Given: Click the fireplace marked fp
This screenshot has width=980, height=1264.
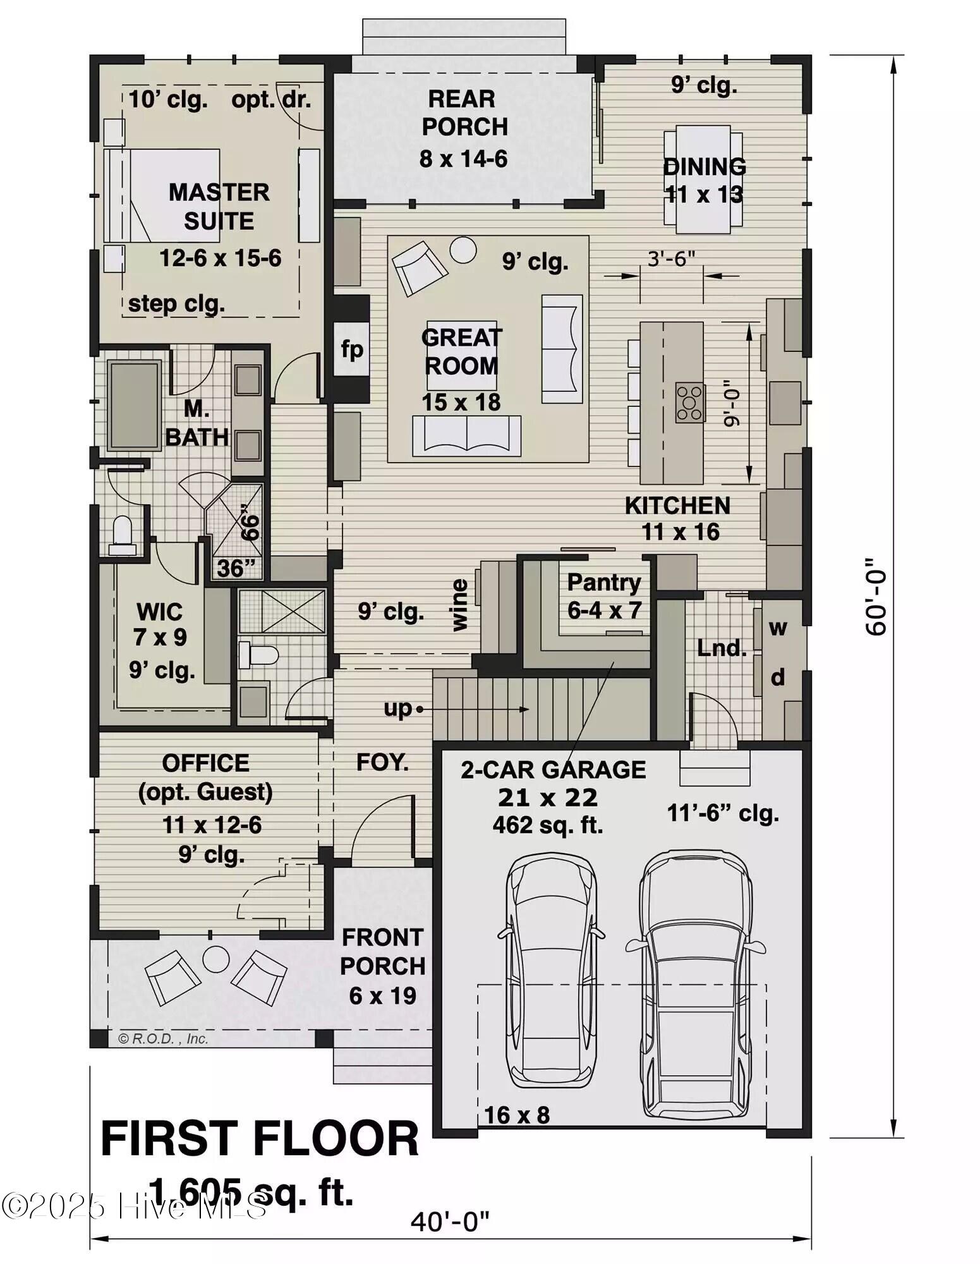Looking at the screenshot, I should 352,349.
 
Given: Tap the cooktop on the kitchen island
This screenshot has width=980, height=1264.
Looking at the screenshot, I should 689,402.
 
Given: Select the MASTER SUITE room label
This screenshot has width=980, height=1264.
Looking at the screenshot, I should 219,206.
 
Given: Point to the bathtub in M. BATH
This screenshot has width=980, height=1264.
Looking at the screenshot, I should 133,405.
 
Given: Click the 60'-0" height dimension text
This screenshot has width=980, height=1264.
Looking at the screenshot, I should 876,596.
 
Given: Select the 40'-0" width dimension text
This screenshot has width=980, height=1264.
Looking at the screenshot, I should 450,1222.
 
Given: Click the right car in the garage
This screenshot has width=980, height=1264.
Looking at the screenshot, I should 695,986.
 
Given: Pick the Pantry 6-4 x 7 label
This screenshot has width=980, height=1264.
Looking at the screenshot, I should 604,595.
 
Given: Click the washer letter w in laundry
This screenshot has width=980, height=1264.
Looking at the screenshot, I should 778,628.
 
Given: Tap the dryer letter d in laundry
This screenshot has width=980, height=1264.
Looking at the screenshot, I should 778,677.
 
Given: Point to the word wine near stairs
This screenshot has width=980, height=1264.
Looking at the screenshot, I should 460,605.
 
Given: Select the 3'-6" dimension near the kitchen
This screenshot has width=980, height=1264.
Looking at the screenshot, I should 671,258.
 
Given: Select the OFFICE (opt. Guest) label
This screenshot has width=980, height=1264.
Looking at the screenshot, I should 205,777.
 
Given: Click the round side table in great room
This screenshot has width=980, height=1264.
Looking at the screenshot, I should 463,250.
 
